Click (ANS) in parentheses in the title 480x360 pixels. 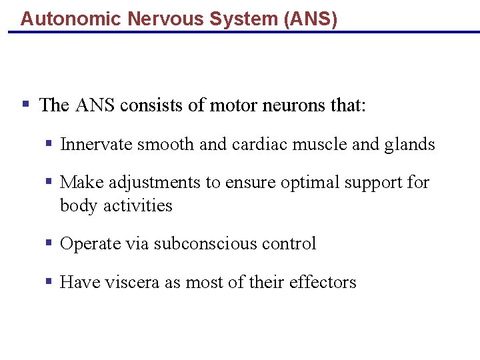(x=310, y=19)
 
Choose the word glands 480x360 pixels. (x=410, y=145)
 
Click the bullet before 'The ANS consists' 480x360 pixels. (x=26, y=104)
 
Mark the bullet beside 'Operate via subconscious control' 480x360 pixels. (x=49, y=243)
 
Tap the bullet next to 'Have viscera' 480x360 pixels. (x=49, y=281)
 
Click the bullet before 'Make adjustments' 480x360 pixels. (x=49, y=181)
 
